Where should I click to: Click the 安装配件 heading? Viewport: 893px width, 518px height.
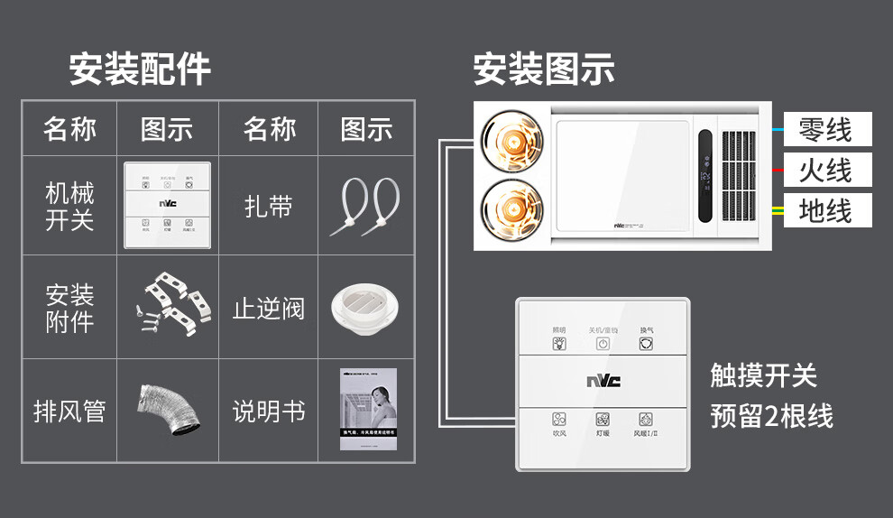coord(140,69)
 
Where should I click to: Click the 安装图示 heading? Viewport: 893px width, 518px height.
coord(544,69)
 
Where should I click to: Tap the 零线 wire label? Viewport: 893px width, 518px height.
coord(825,129)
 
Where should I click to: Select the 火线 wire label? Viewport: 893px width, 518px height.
coord(825,170)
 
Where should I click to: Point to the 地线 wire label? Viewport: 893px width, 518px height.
coord(825,210)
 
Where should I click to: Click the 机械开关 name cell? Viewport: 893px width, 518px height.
coord(69,206)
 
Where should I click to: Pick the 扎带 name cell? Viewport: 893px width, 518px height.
coord(268,206)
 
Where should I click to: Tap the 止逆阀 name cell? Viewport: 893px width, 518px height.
coord(268,308)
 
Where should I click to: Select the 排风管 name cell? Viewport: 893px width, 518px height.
coord(69,412)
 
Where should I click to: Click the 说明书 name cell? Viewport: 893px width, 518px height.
coord(268,412)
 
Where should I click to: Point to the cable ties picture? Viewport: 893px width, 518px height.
coord(365,206)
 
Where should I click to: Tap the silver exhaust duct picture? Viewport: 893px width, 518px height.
coord(167,411)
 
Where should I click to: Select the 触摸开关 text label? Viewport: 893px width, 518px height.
coord(763,375)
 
